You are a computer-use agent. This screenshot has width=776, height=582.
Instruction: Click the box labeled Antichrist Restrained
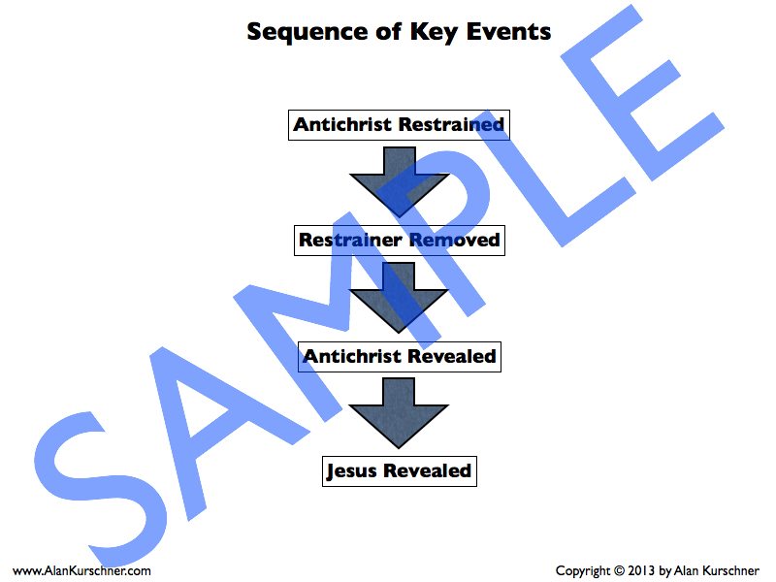click(x=399, y=125)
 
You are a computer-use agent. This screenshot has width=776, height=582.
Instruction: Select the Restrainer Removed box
click(x=399, y=240)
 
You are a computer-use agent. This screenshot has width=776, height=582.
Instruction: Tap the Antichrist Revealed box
click(x=399, y=356)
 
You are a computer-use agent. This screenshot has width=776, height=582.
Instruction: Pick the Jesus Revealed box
click(x=399, y=471)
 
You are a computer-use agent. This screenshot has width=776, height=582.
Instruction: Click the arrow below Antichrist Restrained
click(x=399, y=179)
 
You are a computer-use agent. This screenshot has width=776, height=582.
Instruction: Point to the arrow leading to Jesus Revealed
click(x=399, y=410)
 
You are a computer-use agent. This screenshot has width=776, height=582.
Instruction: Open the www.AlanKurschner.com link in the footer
click(x=82, y=571)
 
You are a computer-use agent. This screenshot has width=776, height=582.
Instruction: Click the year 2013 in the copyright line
click(x=640, y=571)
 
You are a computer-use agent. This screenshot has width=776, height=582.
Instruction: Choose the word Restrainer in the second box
click(x=351, y=240)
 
